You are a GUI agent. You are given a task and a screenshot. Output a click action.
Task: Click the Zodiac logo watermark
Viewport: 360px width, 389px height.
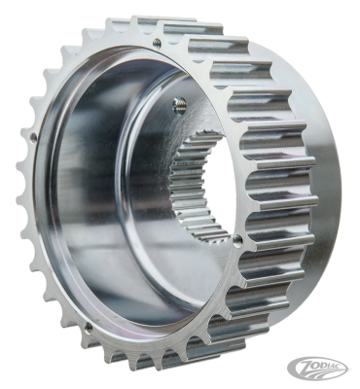coord(323,369)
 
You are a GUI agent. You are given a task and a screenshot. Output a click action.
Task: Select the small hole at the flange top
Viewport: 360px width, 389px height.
coord(158,43)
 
